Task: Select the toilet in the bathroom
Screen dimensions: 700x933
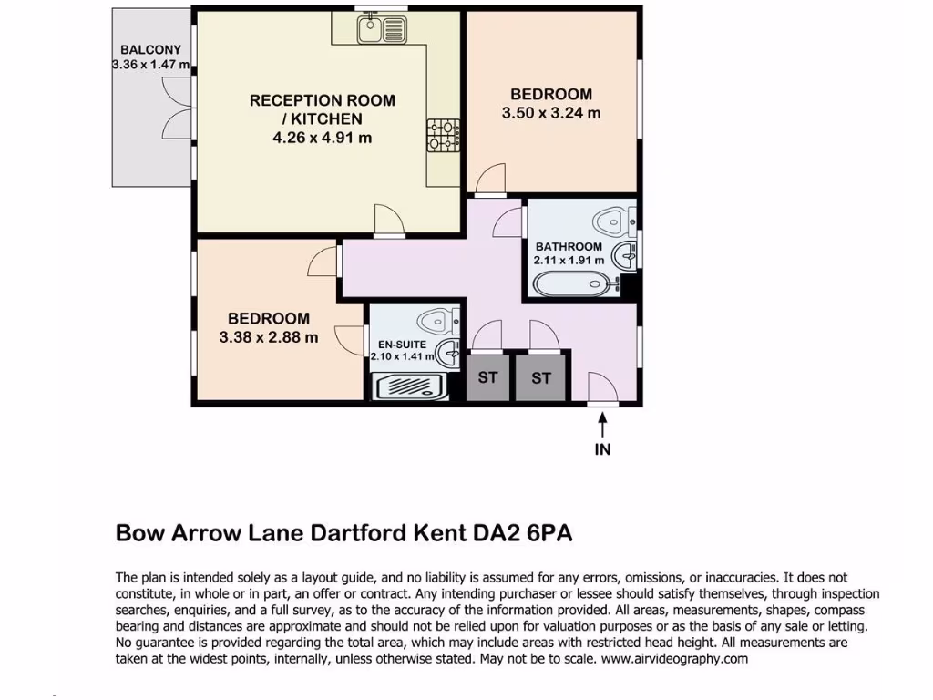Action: [612, 219]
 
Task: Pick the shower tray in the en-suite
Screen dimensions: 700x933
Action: [411, 386]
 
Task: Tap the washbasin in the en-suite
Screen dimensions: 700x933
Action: [447, 352]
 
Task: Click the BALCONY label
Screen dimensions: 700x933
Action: [150, 50]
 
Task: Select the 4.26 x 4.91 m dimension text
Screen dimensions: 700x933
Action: [323, 138]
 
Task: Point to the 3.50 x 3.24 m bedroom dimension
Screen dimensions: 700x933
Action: [551, 113]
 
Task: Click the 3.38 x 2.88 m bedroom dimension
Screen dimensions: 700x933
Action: [269, 337]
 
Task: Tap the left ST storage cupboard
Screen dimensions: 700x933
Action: [487, 377]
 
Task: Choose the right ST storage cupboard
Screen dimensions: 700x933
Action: [541, 377]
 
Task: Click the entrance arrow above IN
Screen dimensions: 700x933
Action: [602, 424]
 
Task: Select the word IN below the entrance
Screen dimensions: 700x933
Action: [602, 448]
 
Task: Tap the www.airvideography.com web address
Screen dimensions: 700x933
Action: [674, 658]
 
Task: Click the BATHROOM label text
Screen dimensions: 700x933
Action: [569, 247]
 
